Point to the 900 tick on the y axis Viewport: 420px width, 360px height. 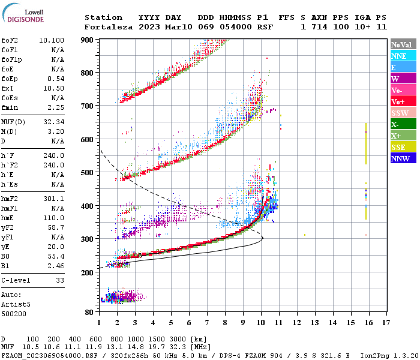coord(88,40)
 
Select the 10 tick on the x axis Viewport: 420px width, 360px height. coord(261,322)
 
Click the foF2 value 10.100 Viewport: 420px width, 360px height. coord(52,40)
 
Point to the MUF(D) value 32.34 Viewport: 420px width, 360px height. coord(54,122)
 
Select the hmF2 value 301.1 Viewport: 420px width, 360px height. coord(54,199)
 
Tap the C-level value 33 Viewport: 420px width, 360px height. coord(60,280)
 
